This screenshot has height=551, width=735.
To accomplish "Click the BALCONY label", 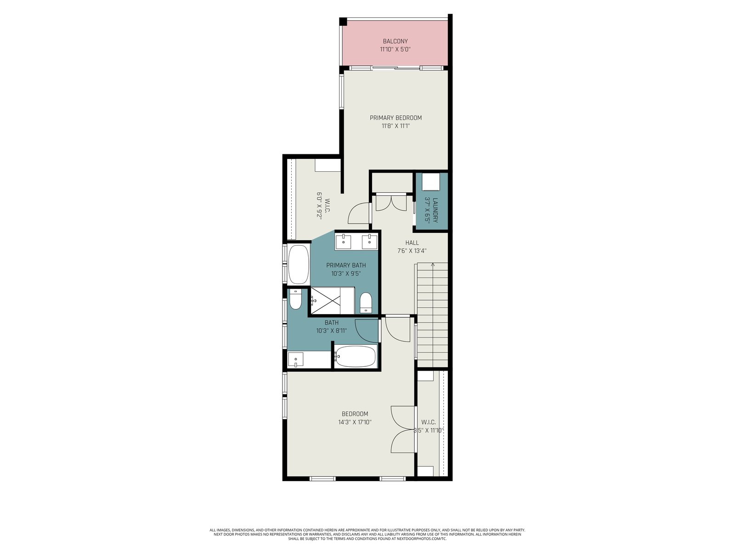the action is pos(395,41).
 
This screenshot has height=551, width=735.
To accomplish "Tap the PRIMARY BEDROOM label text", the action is pos(396,118).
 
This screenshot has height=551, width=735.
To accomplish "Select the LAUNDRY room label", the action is pos(435,210).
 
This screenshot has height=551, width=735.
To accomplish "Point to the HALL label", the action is pos(412,243).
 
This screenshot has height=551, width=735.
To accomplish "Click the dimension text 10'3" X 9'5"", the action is pos(346,273).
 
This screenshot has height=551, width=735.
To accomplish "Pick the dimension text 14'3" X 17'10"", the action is pos(355,422).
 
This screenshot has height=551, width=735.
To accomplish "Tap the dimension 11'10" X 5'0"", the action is pos(395,50).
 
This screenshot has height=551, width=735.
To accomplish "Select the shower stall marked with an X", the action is pos(326,300).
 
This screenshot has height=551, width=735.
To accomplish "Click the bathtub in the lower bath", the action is pos(355,356).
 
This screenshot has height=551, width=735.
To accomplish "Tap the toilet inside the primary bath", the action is pos(366,303).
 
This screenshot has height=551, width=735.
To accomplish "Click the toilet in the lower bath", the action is pos(295,299).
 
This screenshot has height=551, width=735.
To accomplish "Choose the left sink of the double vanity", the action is pos(343,242).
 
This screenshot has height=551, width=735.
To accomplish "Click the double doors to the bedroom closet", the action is pos(403,430).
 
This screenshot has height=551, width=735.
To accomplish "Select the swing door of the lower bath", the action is pos(366,331).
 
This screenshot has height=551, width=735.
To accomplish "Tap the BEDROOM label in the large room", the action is pos(355,414).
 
